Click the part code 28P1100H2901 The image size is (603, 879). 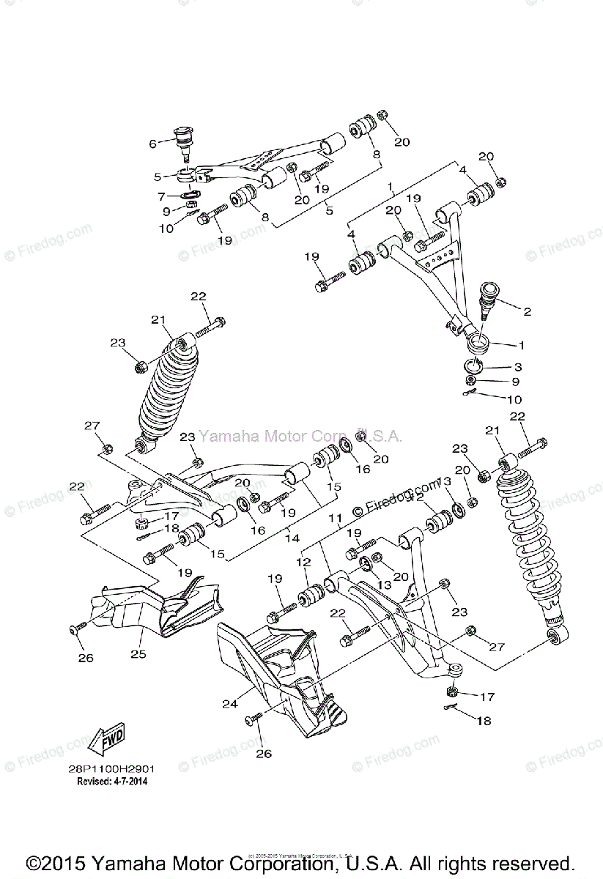click(116, 770)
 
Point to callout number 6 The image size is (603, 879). click(152, 144)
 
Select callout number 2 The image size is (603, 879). click(527, 311)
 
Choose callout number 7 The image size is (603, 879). click(162, 196)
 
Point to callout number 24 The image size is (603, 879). click(231, 703)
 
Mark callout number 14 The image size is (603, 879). click(292, 538)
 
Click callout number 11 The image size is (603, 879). click(336, 519)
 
